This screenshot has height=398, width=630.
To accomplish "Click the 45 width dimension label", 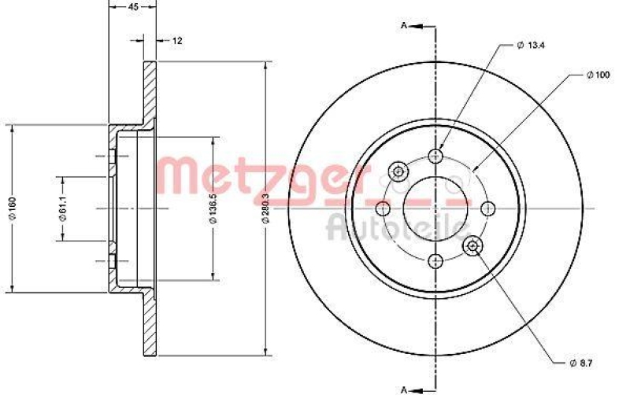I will [133, 6].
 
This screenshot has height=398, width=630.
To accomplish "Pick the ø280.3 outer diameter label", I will [267, 208].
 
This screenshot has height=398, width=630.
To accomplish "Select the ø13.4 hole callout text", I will [532, 45].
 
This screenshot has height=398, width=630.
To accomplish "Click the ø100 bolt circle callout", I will [598, 75].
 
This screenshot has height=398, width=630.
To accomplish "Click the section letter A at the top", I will [404, 26].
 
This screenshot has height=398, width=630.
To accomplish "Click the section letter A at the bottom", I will [404, 389].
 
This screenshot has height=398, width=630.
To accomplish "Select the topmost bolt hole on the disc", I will [435, 154].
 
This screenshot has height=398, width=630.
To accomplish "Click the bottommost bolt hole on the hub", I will [435, 261].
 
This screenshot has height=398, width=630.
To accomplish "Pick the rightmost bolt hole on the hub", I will [488, 208].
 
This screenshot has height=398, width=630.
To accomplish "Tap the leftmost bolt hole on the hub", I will [382, 208].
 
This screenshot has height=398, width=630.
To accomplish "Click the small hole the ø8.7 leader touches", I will [472, 246].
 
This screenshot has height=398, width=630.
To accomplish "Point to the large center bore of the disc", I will [435, 208].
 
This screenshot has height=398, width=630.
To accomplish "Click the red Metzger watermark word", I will [260, 175].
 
